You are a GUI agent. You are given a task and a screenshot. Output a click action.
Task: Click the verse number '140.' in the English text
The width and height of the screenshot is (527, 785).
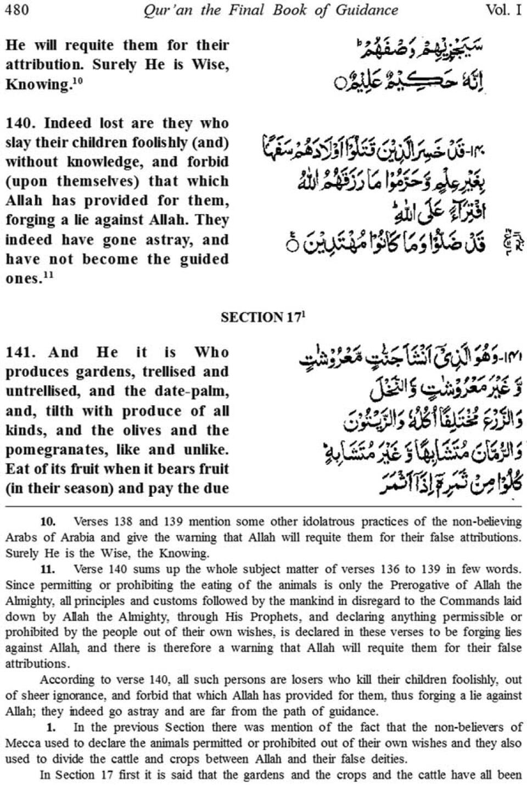point(20,124)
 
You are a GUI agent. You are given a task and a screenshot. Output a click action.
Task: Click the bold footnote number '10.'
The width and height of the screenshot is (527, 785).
point(48,521)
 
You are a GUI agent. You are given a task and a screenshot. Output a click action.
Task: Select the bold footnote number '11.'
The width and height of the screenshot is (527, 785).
point(48,569)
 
